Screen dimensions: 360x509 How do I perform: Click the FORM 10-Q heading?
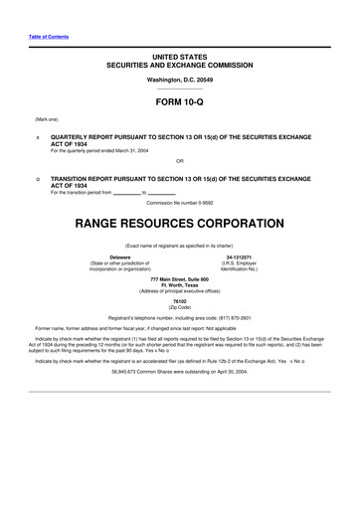click(179, 103)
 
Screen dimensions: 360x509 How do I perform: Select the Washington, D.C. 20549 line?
click(179, 80)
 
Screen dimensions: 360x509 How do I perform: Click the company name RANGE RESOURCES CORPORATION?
click(179, 212)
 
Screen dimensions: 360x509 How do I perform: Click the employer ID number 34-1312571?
click(240, 255)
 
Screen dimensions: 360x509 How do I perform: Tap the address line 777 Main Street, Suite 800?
click(179, 279)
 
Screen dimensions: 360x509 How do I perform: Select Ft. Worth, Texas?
click(179, 285)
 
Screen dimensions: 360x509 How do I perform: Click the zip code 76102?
click(179, 299)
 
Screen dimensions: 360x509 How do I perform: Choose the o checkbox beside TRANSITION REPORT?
click(37, 178)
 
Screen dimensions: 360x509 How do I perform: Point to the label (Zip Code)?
click(179, 305)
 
